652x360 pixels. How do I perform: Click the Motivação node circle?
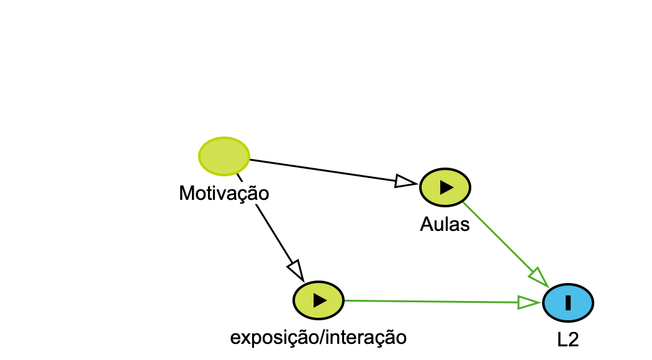[224, 155]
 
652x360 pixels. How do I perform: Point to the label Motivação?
[224, 193]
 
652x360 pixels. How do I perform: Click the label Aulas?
[445, 224]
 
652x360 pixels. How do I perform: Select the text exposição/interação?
[318, 337]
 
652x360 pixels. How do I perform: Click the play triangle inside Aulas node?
[446, 187]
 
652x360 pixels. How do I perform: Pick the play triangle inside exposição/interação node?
[319, 300]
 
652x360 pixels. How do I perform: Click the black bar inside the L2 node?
[568, 303]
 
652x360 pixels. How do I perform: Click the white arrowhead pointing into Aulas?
[405, 181]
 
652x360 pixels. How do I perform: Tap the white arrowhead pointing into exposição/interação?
[295, 270]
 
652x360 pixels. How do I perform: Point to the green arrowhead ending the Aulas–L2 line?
[538, 276]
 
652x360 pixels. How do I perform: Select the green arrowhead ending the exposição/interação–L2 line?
[528, 302]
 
